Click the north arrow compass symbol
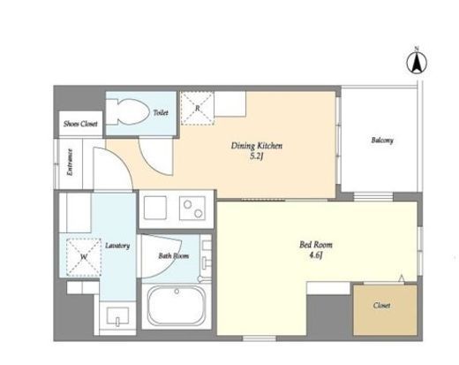(x=417, y=63)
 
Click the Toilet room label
(x=161, y=112)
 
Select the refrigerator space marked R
(x=197, y=108)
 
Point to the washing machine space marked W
(x=84, y=257)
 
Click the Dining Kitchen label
(x=257, y=146)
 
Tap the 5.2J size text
(x=256, y=156)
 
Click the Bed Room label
(x=316, y=245)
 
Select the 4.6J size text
(x=316, y=255)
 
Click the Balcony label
(x=382, y=141)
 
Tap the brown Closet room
(x=385, y=309)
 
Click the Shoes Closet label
(x=80, y=124)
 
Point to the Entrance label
(x=70, y=163)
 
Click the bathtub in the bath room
(x=177, y=306)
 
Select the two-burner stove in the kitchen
(x=192, y=208)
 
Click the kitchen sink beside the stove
(x=155, y=208)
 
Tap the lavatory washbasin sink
(x=117, y=316)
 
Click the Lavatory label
(x=117, y=246)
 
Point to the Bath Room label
(x=174, y=255)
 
